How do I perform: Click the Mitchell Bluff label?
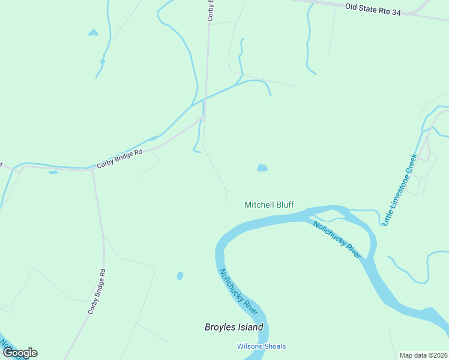pos(269,205)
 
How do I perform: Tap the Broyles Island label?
pos(234,328)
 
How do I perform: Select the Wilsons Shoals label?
pos(261,346)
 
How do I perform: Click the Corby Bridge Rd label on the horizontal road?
pos(119,158)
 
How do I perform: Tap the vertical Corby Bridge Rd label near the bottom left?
pos(97,292)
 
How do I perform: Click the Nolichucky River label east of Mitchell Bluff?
pos(337,239)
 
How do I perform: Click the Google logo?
pos(20,353)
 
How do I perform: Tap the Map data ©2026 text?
pos(423,355)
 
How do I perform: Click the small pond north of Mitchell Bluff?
pos(262,168)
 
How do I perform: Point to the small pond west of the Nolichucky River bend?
pos(179,276)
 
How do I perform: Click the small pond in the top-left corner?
pos(93,32)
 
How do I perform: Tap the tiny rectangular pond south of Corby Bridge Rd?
pos(53,173)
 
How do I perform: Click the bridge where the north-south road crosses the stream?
pos(204,100)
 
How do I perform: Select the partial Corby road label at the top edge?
pos(211,11)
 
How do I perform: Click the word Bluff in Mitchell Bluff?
pos(285,205)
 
